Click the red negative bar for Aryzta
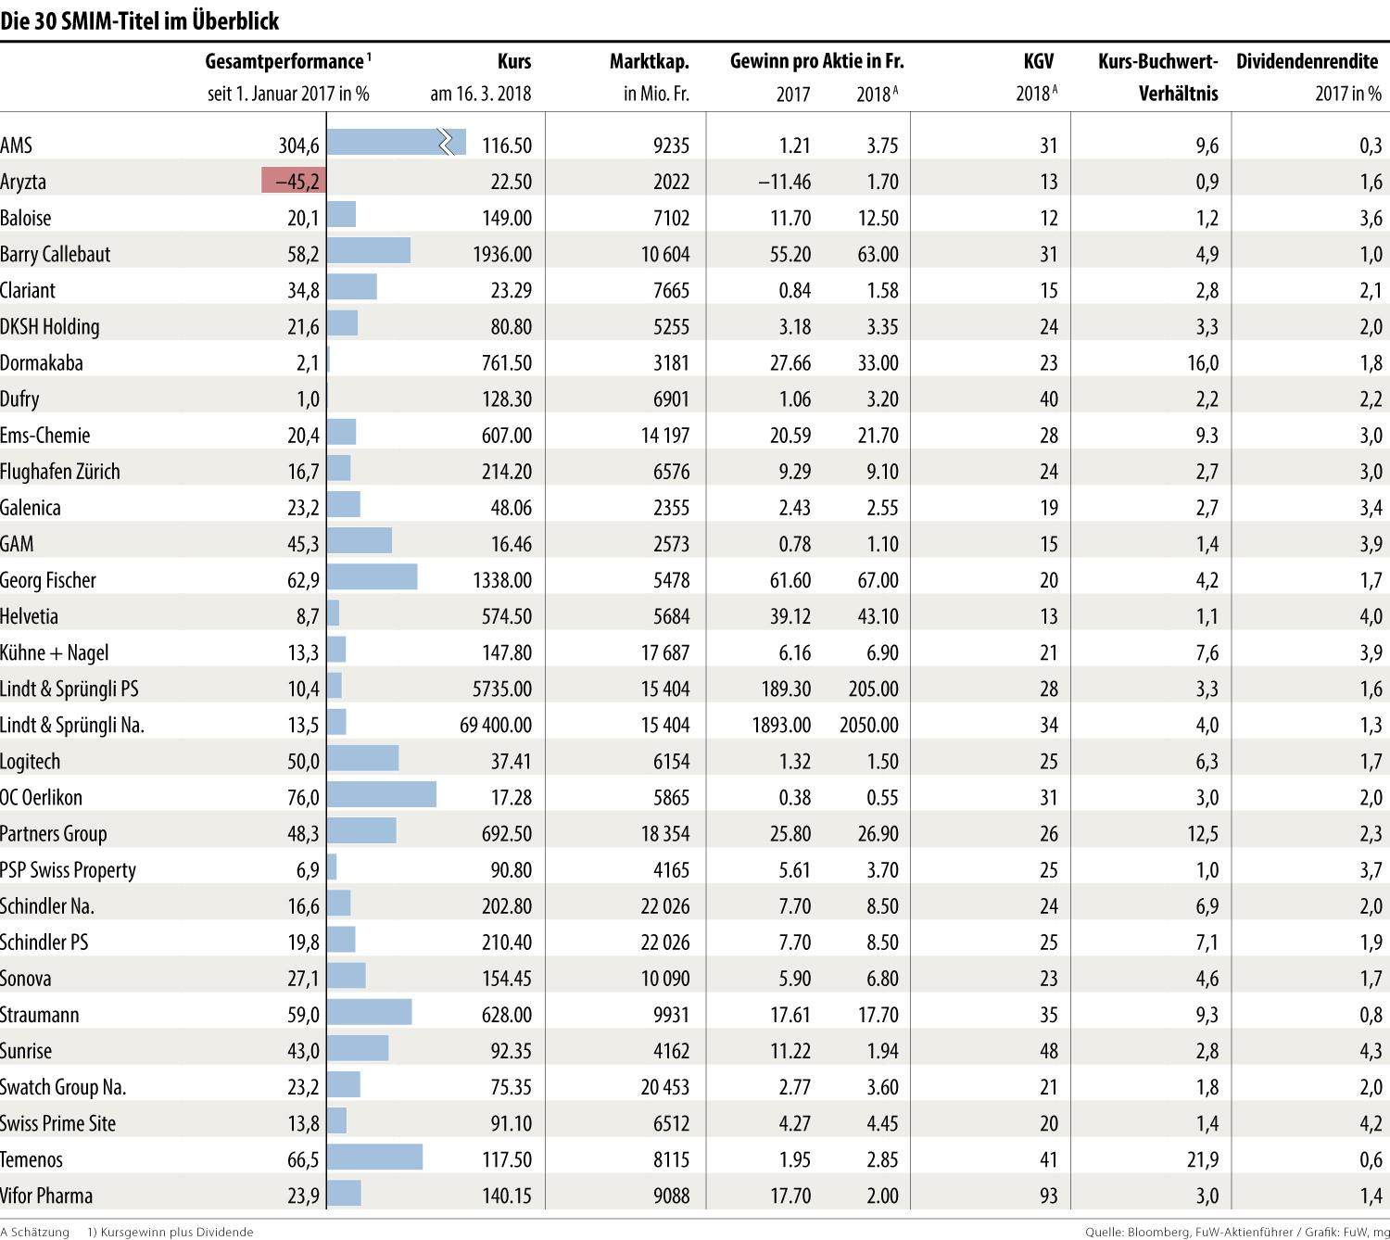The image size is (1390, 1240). tap(294, 181)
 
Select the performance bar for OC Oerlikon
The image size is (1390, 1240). tap(382, 796)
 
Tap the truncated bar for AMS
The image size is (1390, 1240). tap(396, 144)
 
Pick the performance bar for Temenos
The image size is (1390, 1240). tap(374, 1158)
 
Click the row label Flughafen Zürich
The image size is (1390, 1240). tap(60, 472)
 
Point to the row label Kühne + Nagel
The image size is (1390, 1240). tap(55, 652)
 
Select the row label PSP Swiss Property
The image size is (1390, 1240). tap(69, 870)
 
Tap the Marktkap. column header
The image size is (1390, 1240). tap(649, 62)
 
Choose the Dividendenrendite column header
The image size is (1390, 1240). tap(1307, 62)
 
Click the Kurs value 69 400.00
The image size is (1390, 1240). tap(496, 725)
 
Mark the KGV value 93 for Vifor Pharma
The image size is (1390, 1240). tap(1048, 1196)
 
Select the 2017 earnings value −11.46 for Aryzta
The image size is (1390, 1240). tap(784, 182)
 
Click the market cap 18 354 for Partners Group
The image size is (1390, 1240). tap(665, 833)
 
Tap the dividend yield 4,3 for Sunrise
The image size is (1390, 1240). tap(1371, 1051)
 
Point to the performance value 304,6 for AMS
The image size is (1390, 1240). tap(298, 146)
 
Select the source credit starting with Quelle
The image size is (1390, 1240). tap(1236, 1232)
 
